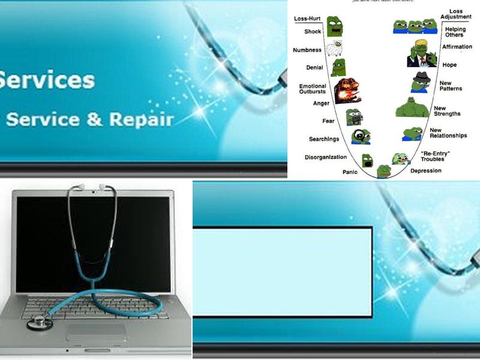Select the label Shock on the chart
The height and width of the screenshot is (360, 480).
point(313,32)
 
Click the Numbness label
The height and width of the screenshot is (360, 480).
point(307,50)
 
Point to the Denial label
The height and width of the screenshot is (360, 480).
point(314,67)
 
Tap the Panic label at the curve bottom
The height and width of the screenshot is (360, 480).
point(350,172)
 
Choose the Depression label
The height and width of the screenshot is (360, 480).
point(426,170)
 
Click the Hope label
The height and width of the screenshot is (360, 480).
point(449,65)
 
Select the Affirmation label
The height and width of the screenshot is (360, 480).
point(457,47)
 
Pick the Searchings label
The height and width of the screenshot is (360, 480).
point(324,139)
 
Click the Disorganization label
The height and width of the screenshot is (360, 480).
point(326,157)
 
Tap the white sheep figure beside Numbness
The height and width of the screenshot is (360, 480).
point(334,48)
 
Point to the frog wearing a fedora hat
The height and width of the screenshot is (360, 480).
point(421,82)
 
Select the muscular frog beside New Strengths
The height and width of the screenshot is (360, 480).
point(413,107)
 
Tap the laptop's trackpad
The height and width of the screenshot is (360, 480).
point(96,332)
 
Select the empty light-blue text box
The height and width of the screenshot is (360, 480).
point(282,272)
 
